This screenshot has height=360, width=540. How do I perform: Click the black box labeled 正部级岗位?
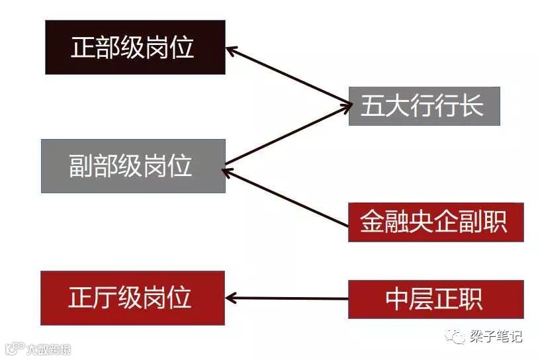(135, 47)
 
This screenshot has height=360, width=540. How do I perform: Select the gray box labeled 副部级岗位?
(133, 165)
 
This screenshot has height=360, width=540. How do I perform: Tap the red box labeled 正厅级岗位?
(132, 298)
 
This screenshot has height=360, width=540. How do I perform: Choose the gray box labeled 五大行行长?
(424, 106)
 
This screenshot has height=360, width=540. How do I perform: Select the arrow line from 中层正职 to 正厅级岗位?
(291, 298)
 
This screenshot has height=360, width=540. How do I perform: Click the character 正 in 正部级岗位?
(83, 48)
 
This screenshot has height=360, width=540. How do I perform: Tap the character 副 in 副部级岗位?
(81, 166)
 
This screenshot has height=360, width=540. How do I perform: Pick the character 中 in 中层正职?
(398, 299)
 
